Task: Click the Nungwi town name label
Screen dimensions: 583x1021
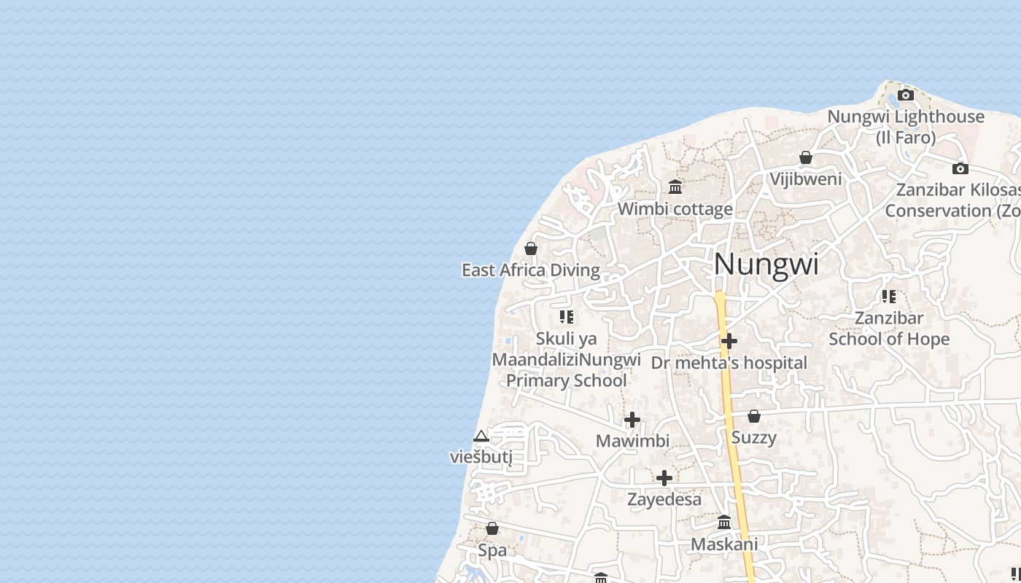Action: [766, 264]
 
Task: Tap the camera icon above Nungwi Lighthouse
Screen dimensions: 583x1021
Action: [906, 95]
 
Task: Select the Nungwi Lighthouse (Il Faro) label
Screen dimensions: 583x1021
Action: [906, 127]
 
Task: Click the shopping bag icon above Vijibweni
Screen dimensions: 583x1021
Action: [806, 157]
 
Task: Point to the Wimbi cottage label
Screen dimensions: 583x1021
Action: [675, 209]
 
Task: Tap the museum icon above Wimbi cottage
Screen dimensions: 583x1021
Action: [675, 187]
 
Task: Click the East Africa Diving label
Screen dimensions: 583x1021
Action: [530, 270]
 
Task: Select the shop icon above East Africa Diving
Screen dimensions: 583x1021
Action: [531, 249]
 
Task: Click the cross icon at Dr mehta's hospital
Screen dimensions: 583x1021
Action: [729, 341]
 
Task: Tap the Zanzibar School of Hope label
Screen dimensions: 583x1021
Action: [889, 329]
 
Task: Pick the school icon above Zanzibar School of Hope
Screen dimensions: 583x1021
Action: [889, 297]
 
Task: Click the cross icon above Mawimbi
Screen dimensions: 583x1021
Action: [632, 420]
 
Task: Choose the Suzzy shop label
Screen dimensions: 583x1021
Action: [753, 437]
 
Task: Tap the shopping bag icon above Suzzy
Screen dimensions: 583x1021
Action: [754, 416]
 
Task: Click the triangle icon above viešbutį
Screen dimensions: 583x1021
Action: [481, 437]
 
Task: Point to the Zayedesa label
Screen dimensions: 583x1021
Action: [664, 499]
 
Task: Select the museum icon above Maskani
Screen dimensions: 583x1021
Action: [724, 523]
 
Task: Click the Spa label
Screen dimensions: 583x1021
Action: [492, 550]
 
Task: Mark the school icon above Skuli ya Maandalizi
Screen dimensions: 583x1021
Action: [567, 317]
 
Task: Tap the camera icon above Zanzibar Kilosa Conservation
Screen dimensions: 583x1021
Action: [960, 168]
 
